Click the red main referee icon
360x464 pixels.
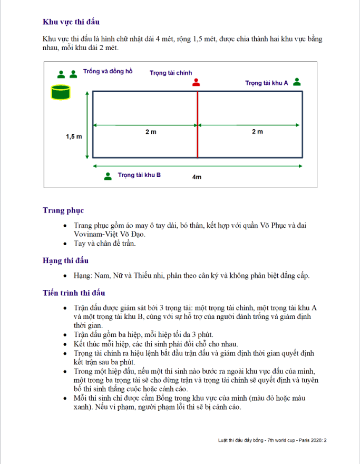point(197,82)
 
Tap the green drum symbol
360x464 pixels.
point(60,92)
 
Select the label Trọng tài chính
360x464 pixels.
point(171,73)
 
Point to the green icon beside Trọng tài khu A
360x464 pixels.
point(297,82)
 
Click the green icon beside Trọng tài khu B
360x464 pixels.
point(108,176)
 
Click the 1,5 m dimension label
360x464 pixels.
point(74,136)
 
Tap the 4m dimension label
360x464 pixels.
point(197,177)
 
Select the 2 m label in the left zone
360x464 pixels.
point(151,132)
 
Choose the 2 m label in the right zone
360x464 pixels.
point(257,132)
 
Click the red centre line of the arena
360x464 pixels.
point(197,142)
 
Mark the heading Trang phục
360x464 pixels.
point(63,210)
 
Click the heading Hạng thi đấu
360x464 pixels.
point(65,260)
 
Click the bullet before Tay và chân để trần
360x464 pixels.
point(64,244)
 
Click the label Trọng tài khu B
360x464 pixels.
point(139,175)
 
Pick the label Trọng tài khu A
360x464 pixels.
point(267,83)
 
